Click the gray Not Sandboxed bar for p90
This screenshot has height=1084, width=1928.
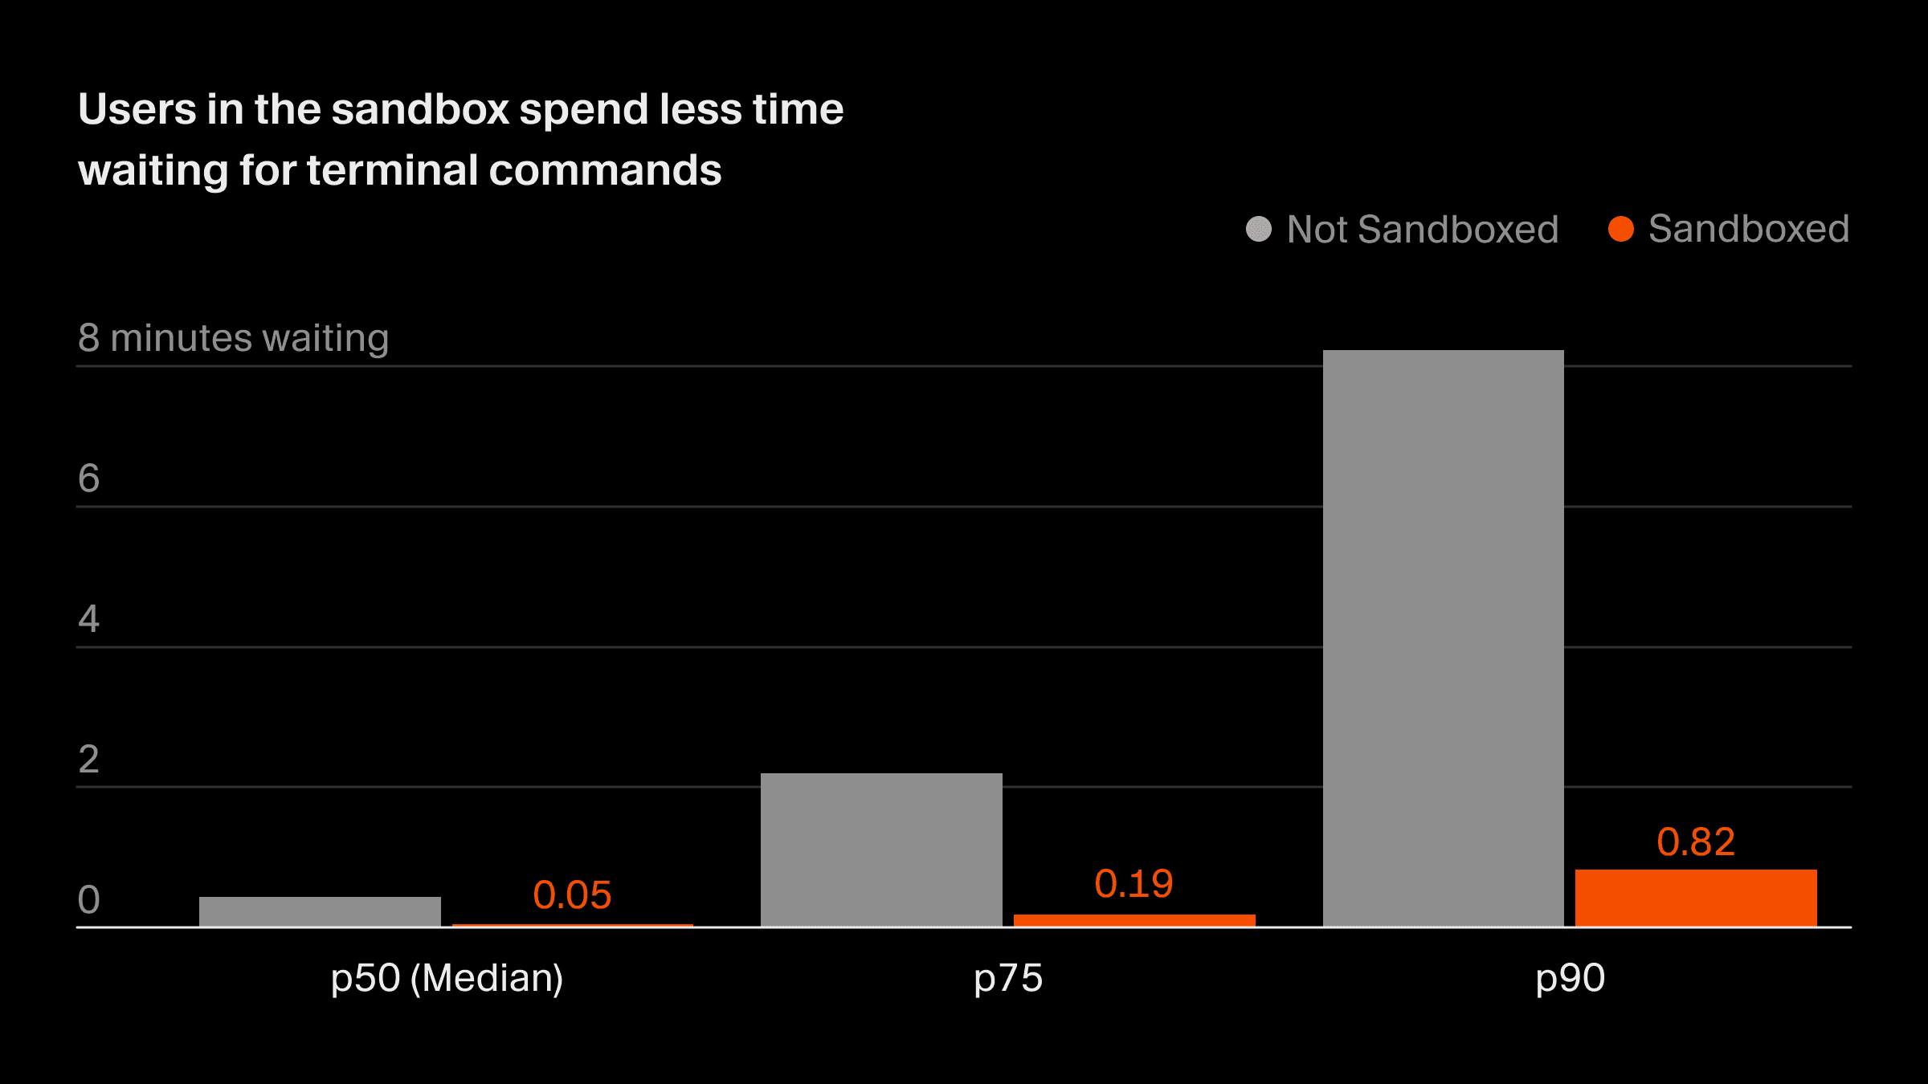coord(1443,638)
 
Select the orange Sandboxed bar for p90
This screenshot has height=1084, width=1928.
coord(1695,897)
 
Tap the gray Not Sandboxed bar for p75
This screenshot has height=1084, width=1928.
coord(881,850)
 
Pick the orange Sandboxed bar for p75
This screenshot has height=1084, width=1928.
coord(1134,920)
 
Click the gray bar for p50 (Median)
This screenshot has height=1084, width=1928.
coord(320,911)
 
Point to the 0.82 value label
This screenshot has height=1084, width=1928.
coord(1696,842)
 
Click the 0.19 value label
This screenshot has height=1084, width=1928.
coord(1134,884)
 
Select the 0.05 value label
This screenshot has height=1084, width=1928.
coord(572,895)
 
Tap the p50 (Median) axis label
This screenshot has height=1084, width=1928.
coord(447,978)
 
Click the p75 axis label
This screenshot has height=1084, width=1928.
coord(1007,978)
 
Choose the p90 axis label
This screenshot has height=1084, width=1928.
coord(1570,978)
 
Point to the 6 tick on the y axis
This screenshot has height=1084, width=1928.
coord(88,479)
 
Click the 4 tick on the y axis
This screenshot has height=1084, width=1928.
coord(88,619)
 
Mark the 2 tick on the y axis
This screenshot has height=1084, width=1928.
coord(88,760)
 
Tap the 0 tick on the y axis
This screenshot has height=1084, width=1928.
coord(88,900)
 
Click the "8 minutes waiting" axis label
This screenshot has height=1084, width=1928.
coord(233,338)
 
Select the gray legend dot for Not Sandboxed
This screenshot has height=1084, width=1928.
coord(1258,229)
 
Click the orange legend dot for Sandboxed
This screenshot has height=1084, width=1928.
coord(1620,229)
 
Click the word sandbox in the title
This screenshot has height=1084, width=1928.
coord(420,109)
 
